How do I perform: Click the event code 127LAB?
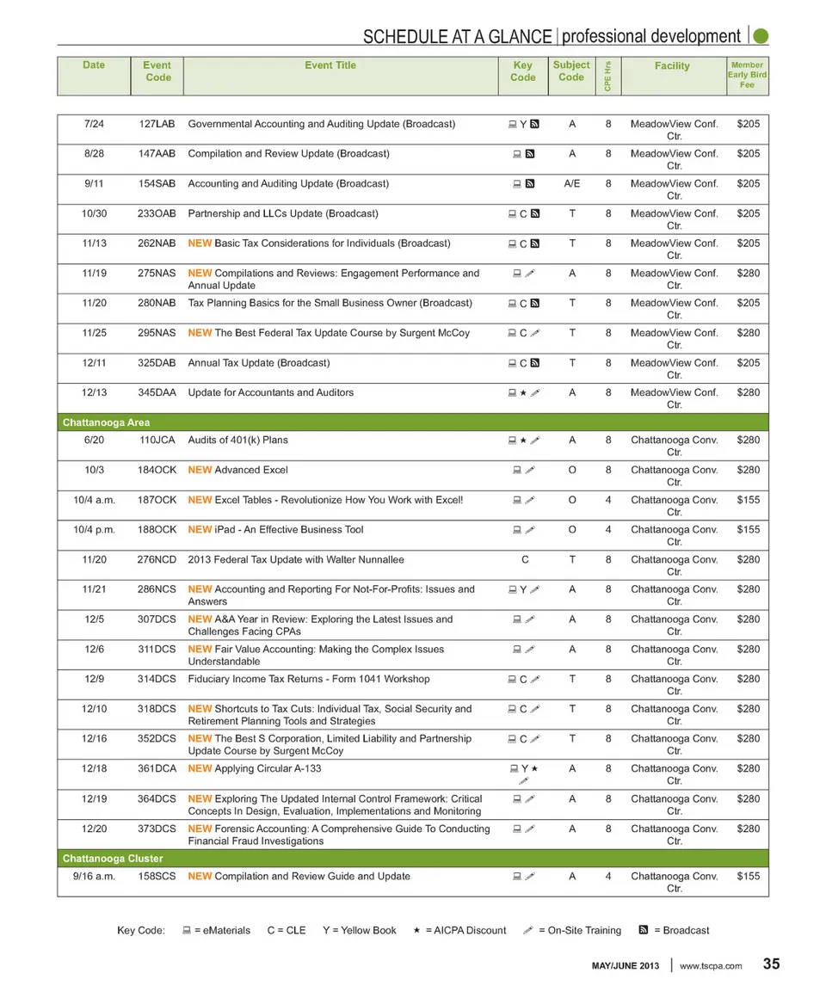(x=157, y=124)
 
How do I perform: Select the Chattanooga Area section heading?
(x=106, y=422)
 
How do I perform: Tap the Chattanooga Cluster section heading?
(x=113, y=859)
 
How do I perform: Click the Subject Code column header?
(x=571, y=71)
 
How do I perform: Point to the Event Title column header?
(x=330, y=65)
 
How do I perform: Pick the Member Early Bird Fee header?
(x=746, y=75)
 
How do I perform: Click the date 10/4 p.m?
(x=95, y=530)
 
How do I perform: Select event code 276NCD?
(x=157, y=560)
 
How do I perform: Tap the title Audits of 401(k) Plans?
(x=237, y=440)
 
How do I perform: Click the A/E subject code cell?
(x=571, y=183)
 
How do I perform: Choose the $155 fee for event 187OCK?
(x=749, y=500)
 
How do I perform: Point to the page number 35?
(x=771, y=964)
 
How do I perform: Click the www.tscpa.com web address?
(x=711, y=966)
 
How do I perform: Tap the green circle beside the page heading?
(x=761, y=36)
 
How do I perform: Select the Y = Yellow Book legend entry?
(x=360, y=930)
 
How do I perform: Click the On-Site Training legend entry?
(x=571, y=930)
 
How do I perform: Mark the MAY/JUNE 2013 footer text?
(x=626, y=966)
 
